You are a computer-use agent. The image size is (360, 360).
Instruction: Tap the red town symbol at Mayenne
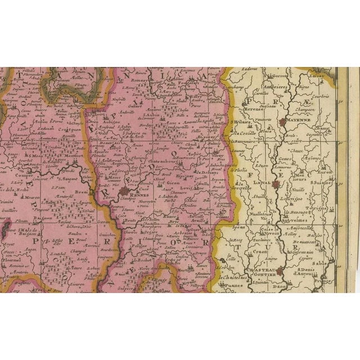282,121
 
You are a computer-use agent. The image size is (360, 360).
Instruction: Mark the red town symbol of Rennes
124,193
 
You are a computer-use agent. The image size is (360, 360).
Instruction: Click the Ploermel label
11,246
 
